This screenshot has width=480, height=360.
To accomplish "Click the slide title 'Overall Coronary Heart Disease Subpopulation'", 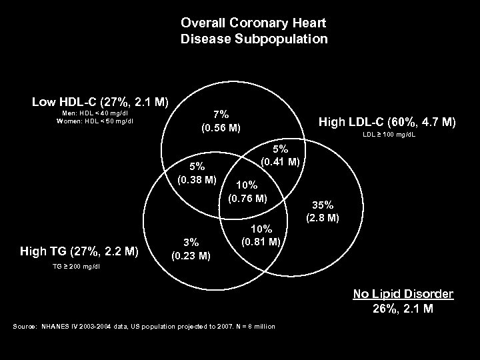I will pyautogui.click(x=254, y=31).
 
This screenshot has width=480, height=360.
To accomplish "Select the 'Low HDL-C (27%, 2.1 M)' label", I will pyautogui.click(x=100, y=102).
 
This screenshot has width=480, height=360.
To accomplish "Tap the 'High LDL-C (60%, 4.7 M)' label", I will pyautogui.click(x=387, y=122).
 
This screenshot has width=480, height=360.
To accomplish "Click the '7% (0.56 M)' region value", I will pyautogui.click(x=220, y=121).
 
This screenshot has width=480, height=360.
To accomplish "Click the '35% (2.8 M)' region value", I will pyautogui.click(x=325, y=211).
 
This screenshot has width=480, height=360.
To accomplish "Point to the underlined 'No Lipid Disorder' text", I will pyautogui.click(x=403, y=294).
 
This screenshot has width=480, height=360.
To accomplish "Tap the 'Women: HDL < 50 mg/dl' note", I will pyautogui.click(x=95, y=121).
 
